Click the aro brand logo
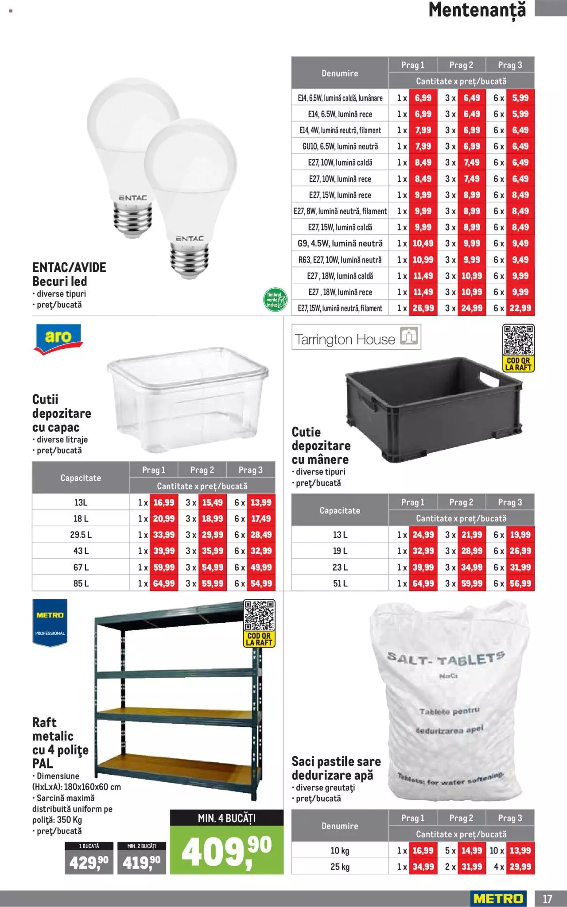coord(58,338)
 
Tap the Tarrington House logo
coord(356,337)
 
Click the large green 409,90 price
coord(226,853)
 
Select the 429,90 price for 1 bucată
coord(89,862)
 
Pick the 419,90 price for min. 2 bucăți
coord(142,862)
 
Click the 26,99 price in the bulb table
coord(423,308)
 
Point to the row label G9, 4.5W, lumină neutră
coord(340,243)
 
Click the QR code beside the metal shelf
coord(259,615)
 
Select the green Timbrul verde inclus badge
coord(275,300)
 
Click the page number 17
coord(548,899)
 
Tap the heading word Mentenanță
coord(477,11)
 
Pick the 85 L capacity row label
coord(81,583)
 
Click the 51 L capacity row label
coord(340,583)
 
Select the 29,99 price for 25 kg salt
coord(520,867)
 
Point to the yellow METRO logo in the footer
coord(498,899)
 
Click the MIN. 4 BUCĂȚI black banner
coord(226,818)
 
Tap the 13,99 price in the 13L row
coord(261,502)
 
